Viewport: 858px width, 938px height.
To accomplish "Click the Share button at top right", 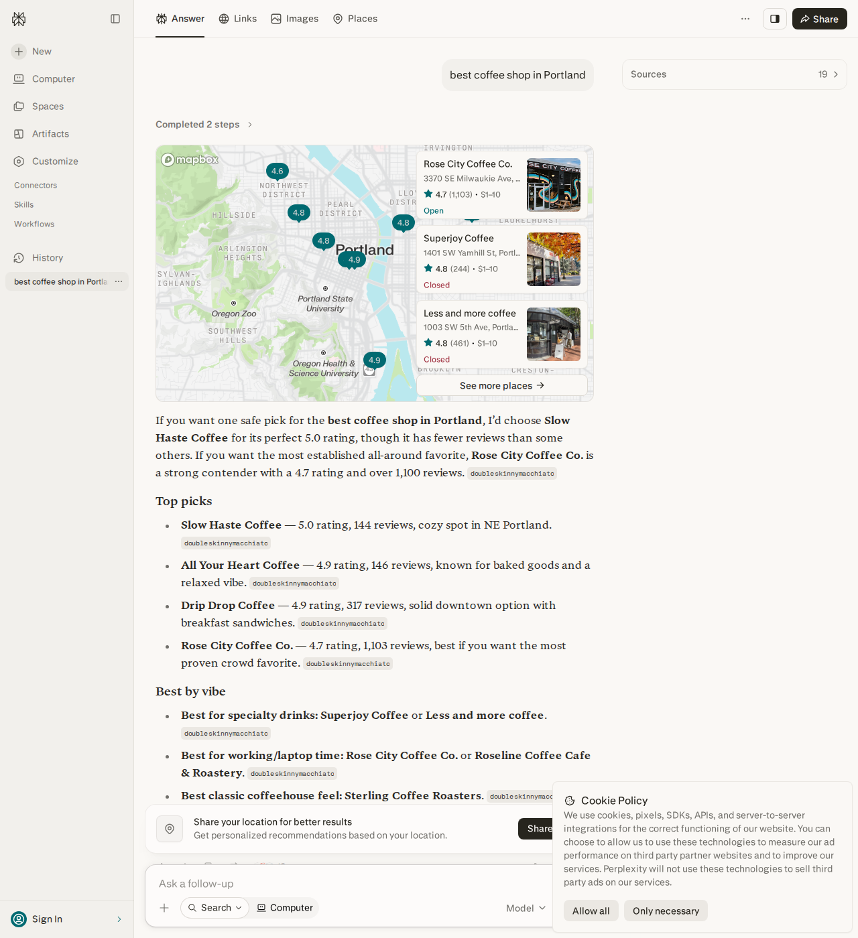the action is [x=819, y=19].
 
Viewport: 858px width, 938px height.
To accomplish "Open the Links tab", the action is [x=238, y=19].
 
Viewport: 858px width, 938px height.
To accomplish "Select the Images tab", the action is [x=295, y=19].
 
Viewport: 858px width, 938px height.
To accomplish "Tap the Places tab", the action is [x=355, y=19].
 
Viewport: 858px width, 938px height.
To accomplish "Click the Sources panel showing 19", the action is [x=734, y=74].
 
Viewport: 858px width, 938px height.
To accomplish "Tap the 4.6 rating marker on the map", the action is [x=277, y=171].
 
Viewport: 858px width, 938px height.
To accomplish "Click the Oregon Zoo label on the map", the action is [x=234, y=314].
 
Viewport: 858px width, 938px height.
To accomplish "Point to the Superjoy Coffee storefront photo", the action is [x=554, y=259].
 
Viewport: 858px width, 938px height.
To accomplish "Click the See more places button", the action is [x=501, y=385].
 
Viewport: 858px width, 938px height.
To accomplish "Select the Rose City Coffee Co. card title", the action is [x=468, y=164].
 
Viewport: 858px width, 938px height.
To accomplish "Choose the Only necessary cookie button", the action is [x=665, y=911].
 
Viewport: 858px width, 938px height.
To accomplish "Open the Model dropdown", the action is [x=526, y=908].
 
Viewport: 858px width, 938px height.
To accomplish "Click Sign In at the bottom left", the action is [x=47, y=919].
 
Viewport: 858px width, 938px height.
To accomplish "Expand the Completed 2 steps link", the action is [x=204, y=125].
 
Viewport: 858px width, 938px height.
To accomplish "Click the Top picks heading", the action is [x=184, y=500].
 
